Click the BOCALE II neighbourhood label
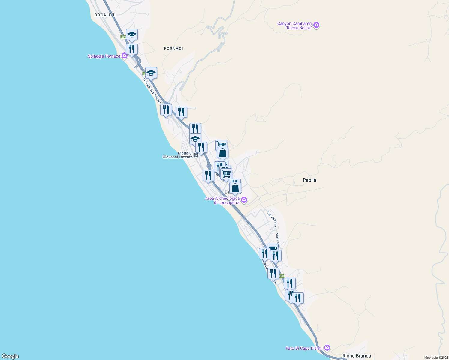point(105,15)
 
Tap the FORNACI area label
point(173,49)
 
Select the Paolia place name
point(309,180)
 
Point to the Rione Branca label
point(357,356)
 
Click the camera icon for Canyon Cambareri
point(316,25)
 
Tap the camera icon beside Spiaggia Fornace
point(125,56)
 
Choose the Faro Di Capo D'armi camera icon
point(327,348)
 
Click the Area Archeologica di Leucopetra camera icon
point(244,200)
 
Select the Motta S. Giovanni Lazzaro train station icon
point(196,155)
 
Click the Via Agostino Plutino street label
point(152,91)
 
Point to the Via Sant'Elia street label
point(272,219)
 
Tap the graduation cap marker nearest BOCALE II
point(132,35)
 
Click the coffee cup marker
point(273,248)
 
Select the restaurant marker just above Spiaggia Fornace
point(132,49)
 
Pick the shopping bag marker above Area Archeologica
point(235,188)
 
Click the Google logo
point(10,356)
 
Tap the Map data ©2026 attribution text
point(436,358)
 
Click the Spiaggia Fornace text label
point(104,56)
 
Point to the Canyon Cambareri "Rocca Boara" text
point(294,25)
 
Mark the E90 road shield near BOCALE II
point(123,37)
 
